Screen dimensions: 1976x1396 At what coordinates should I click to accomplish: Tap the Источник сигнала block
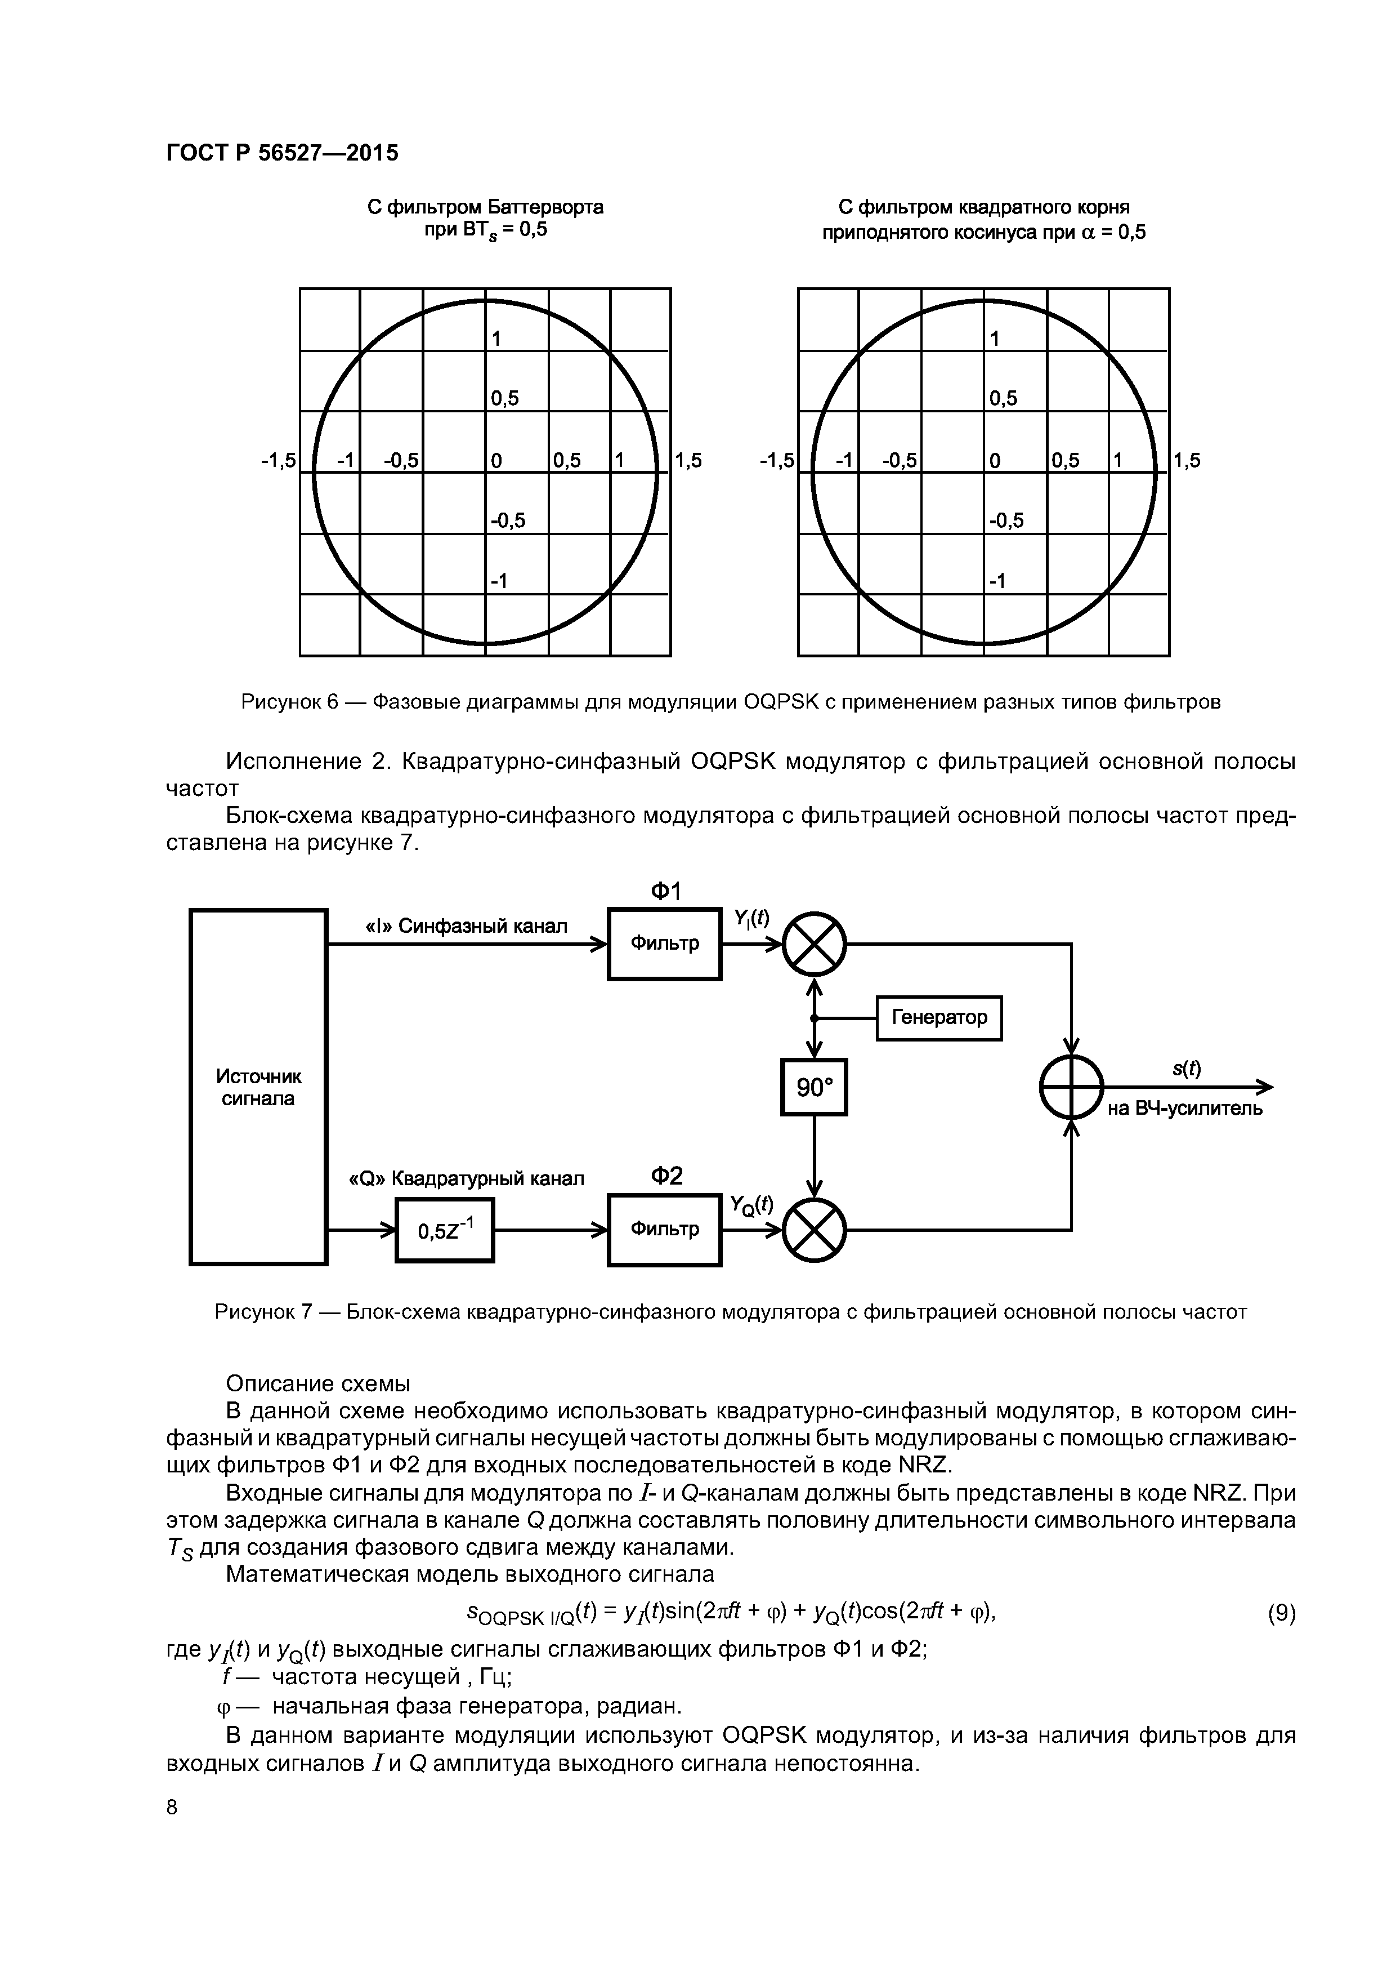click(x=258, y=1087)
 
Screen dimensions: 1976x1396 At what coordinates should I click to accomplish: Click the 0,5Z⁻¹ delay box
click(x=445, y=1231)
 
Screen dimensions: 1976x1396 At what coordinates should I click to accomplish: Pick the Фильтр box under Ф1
click(x=664, y=944)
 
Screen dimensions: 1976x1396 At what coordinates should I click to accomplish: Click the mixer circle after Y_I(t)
click(x=815, y=944)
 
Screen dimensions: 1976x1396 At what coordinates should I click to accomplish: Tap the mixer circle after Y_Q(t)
click(x=815, y=1231)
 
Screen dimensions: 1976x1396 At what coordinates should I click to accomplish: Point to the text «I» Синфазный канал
click(x=467, y=926)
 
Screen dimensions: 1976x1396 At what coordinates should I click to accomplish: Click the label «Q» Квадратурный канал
click(x=466, y=1178)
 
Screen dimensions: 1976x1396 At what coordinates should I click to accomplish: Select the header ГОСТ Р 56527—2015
click(x=282, y=153)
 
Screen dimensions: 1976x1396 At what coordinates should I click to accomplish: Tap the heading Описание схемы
click(x=317, y=1384)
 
